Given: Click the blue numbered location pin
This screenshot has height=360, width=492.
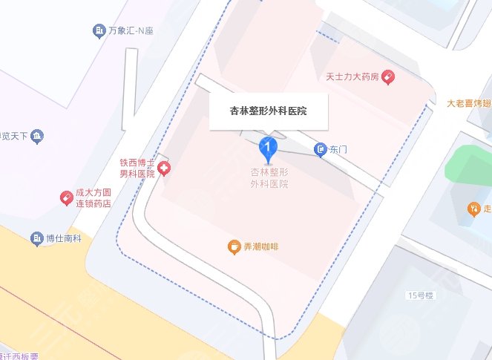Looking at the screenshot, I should tap(268, 148).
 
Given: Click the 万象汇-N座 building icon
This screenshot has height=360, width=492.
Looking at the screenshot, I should tap(98, 30).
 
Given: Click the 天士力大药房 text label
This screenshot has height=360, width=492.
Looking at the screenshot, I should tap(352, 76).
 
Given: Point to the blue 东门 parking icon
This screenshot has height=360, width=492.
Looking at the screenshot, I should tap(320, 150).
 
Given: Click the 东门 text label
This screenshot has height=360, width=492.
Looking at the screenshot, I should tap(338, 150).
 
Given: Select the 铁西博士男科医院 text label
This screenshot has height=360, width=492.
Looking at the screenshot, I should tap(137, 168).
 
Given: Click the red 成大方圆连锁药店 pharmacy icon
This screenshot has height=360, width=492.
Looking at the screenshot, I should tap(66, 197).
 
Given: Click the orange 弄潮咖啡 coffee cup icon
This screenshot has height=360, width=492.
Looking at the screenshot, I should tap(234, 246).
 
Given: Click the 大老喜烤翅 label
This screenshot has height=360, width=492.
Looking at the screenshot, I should tap(470, 103).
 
